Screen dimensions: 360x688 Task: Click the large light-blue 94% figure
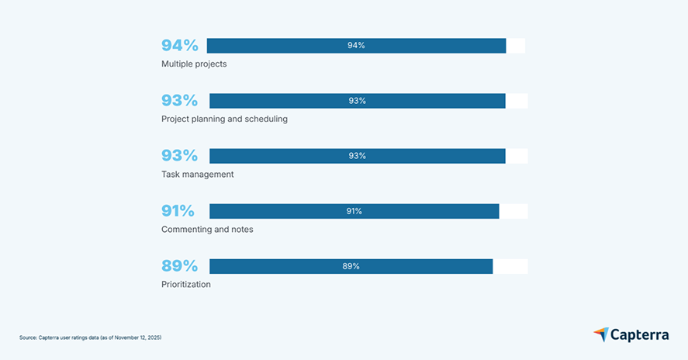point(179,46)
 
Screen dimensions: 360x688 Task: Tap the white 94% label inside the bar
point(356,46)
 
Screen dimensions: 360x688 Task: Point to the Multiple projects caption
point(194,64)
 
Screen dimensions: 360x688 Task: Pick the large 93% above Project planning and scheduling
point(179,101)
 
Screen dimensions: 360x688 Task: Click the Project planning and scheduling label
point(224,119)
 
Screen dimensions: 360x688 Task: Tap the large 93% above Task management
point(179,156)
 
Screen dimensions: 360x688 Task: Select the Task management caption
point(197,175)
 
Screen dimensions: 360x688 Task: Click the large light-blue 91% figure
point(178,211)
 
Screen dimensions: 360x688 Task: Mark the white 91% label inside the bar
point(354,211)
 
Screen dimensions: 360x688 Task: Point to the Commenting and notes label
point(207,230)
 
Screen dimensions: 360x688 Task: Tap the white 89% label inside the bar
point(351,266)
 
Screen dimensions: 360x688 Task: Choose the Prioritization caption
point(185,285)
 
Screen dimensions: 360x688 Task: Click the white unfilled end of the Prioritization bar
point(510,266)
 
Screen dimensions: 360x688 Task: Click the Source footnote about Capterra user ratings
point(90,337)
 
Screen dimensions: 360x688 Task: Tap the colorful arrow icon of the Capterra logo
point(601,334)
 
